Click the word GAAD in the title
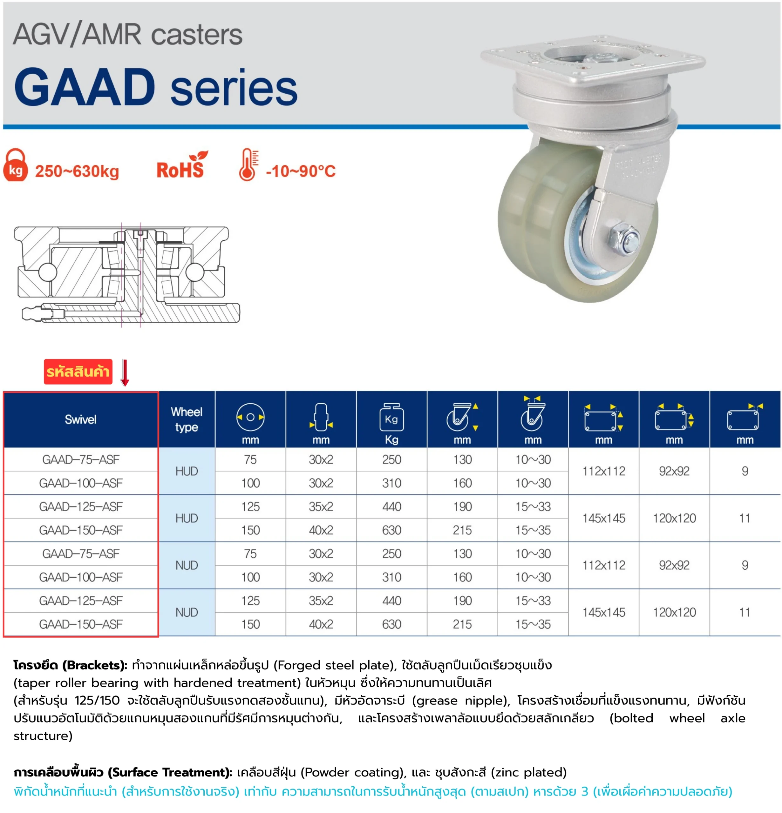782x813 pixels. point(85,87)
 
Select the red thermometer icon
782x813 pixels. point(248,165)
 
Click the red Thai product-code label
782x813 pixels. point(78,371)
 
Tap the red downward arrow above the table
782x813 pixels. point(125,373)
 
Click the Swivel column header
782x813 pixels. point(80,419)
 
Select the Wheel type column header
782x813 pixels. point(187,419)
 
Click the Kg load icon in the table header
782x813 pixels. point(391,418)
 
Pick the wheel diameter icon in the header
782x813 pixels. point(250,417)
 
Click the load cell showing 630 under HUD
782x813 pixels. point(391,530)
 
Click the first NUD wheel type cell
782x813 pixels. point(187,565)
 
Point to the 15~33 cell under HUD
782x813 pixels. point(533,507)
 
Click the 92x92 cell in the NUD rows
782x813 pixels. point(674,565)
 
